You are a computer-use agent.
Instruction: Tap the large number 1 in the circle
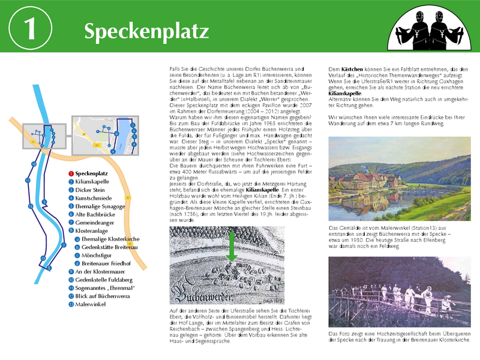pos(29,29)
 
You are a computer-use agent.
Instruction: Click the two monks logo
pos(425,30)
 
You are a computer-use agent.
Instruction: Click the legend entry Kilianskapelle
pos(93,181)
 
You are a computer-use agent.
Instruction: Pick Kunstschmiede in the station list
pos(93,197)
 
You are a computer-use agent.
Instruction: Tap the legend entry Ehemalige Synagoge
pos(100,205)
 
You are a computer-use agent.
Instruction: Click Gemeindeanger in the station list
pos(96,222)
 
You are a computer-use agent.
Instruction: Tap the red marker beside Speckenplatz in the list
pos(71,173)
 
